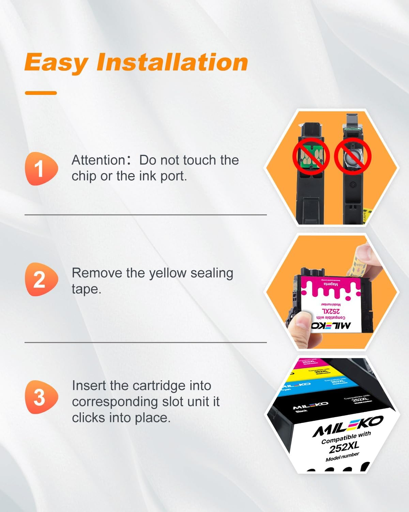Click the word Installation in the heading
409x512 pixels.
172,62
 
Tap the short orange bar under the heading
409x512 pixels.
41,93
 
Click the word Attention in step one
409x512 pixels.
99,160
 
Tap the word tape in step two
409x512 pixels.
86,289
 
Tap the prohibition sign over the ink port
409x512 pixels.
352,157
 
